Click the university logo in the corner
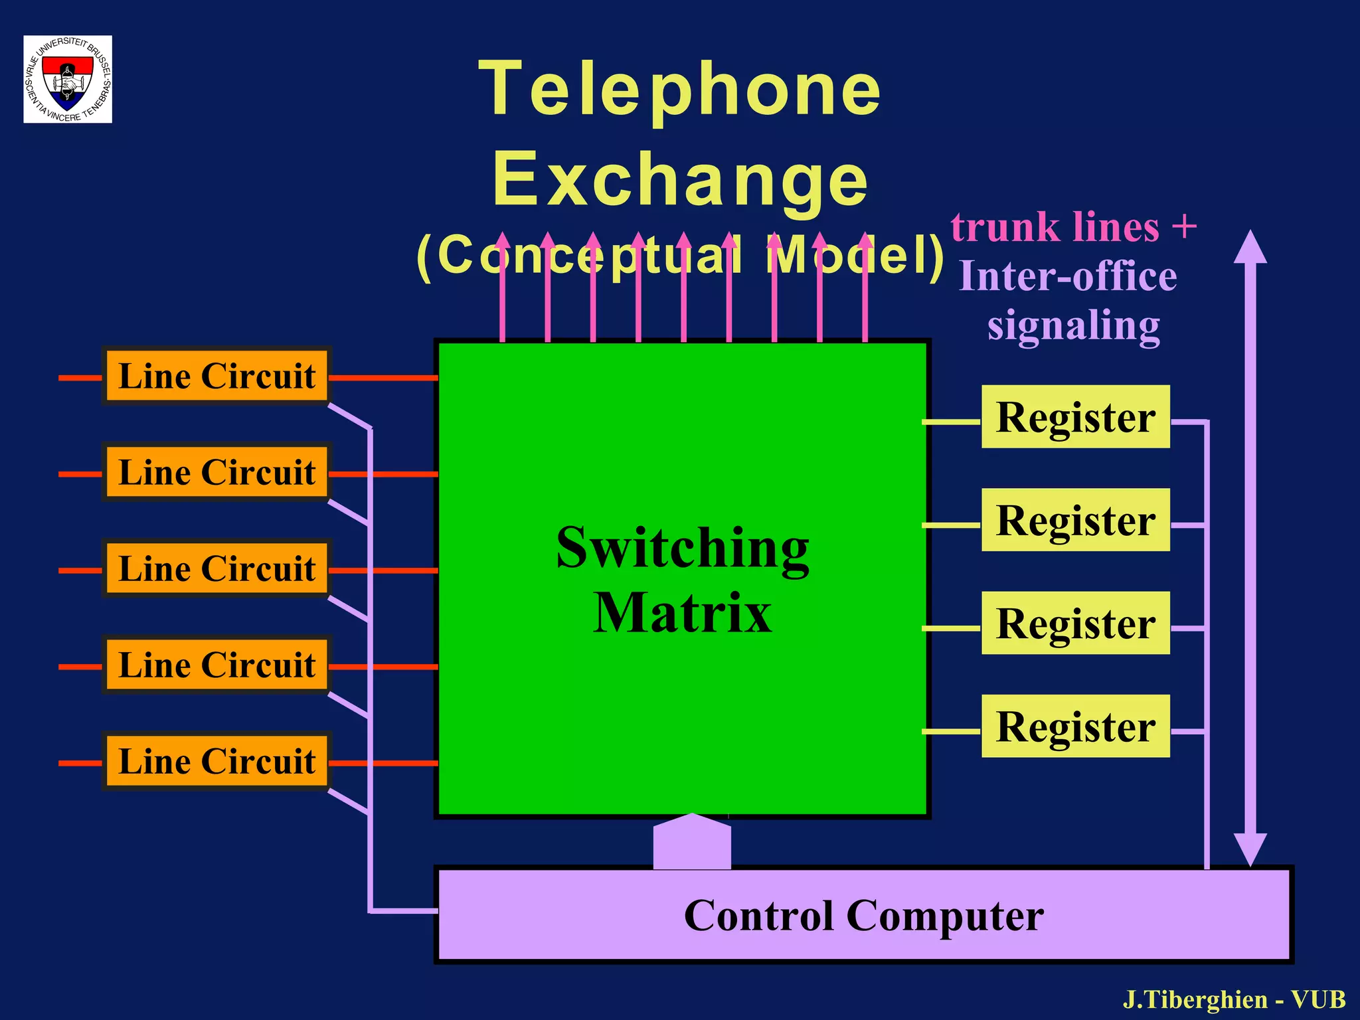(x=68, y=79)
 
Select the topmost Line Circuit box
(x=216, y=376)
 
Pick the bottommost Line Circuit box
(x=216, y=761)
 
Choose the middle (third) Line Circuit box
(x=216, y=568)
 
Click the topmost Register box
(x=1075, y=417)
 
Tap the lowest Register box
(x=1075, y=726)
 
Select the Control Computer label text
(x=863, y=916)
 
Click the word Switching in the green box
(x=682, y=548)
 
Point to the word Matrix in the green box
(x=682, y=612)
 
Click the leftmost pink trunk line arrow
(x=502, y=292)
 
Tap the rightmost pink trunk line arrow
(x=865, y=292)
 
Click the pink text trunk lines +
(x=1073, y=228)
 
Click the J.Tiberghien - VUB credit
(x=1234, y=999)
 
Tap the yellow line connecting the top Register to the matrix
(x=951, y=422)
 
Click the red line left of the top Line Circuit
(x=80, y=378)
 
